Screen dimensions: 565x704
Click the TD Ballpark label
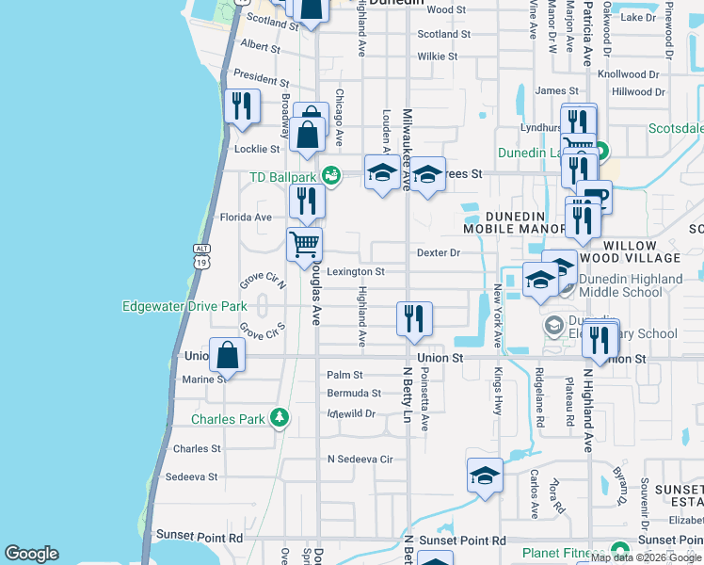[281, 177]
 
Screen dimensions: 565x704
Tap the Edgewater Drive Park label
[184, 306]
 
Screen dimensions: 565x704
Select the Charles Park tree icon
[279, 417]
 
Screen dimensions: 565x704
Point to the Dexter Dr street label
[439, 252]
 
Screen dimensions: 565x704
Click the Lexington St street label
[357, 272]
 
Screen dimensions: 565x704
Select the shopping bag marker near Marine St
[228, 355]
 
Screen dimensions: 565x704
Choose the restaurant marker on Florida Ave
[307, 201]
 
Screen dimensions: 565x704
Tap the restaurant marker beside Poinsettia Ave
[414, 318]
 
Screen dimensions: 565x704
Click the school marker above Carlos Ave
[485, 476]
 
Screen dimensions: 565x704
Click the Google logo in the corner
[31, 554]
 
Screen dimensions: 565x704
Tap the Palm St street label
[344, 375]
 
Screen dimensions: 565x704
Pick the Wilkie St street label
[438, 56]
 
